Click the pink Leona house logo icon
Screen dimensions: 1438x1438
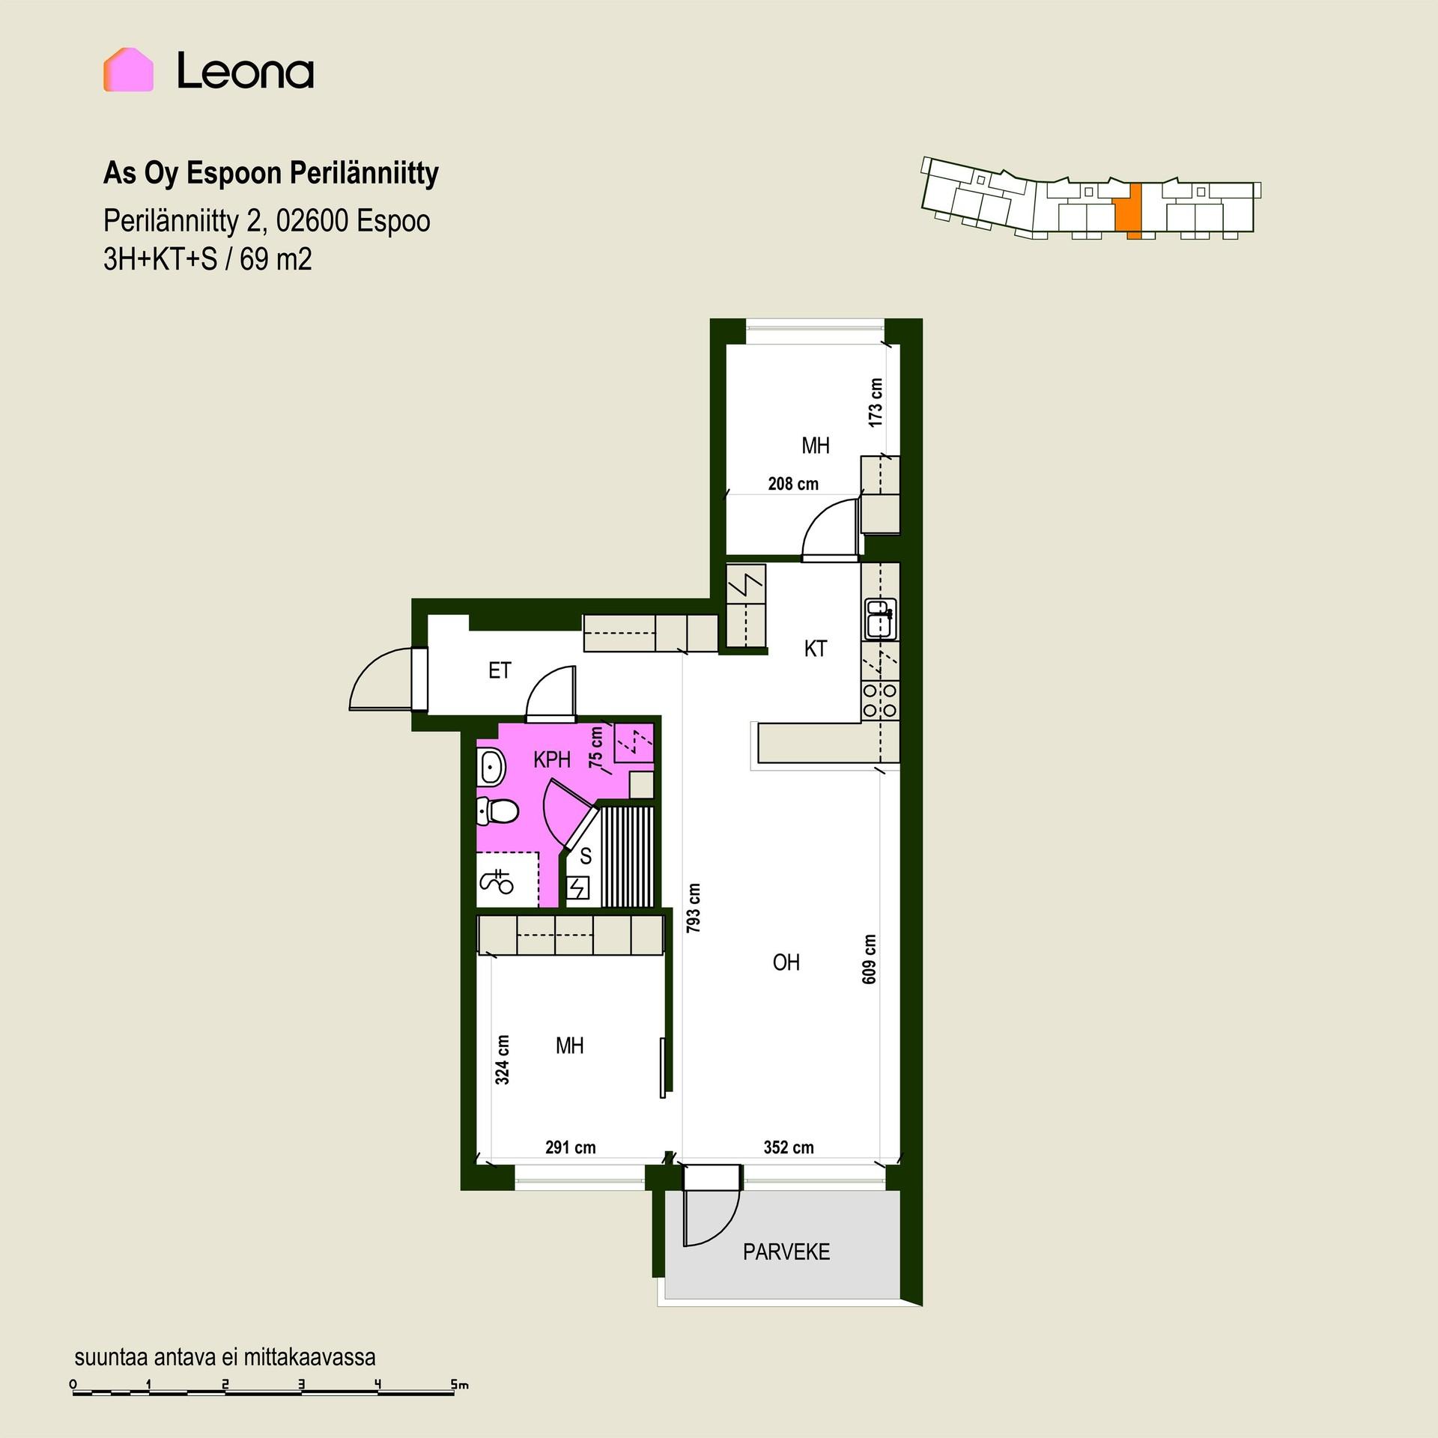[128, 70]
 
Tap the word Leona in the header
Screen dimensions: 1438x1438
[245, 72]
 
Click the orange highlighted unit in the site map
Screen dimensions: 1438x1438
[1129, 210]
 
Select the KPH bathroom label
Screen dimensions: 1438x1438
[552, 760]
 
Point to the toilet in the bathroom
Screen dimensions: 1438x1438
[497, 811]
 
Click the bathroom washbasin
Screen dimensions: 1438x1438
[491, 767]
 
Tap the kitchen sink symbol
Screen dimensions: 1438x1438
[880, 619]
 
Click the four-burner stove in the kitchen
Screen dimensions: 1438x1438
[880, 700]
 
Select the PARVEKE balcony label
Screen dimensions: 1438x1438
[786, 1252]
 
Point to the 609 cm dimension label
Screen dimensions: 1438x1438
[869, 959]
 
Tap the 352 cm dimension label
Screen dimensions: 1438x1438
[789, 1147]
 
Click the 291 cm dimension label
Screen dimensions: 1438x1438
[571, 1147]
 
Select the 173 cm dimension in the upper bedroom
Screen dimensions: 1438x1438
[876, 402]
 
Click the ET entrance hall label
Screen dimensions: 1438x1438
[500, 670]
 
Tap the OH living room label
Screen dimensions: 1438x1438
[786, 962]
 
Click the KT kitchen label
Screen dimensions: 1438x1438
[816, 649]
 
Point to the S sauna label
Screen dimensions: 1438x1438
[586, 856]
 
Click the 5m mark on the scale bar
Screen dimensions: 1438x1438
[459, 1385]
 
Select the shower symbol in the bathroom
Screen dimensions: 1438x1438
[496, 882]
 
